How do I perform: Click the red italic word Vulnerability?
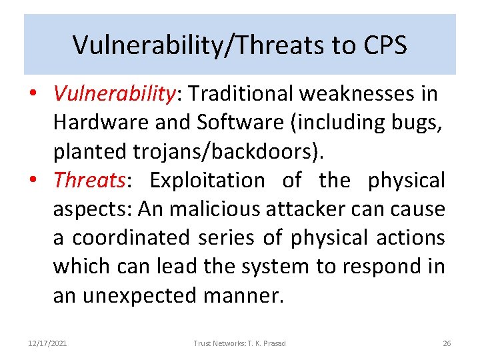pos(113,95)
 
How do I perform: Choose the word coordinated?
pos(127,238)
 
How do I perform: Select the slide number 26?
pos(447,343)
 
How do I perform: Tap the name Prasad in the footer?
pos(274,343)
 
